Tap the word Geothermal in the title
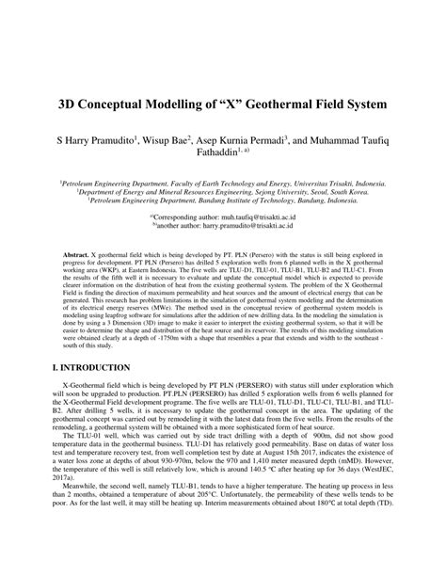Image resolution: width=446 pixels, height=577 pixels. pyautogui.click(x=278, y=99)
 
